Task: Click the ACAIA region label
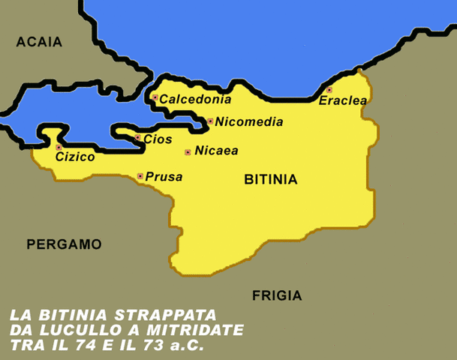pyautogui.click(x=39, y=43)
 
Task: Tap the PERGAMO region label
pyautogui.click(x=64, y=244)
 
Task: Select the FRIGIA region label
pyautogui.click(x=277, y=295)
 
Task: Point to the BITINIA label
pyautogui.click(x=271, y=180)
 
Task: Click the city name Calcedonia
pyautogui.click(x=196, y=99)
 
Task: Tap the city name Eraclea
pyautogui.click(x=343, y=100)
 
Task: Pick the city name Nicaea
pyautogui.click(x=216, y=151)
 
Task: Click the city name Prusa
pyautogui.click(x=164, y=177)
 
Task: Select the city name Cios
pyautogui.click(x=158, y=139)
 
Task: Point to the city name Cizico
pyautogui.click(x=75, y=157)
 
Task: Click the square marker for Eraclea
pyautogui.click(x=329, y=90)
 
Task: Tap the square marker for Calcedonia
pyautogui.click(x=155, y=97)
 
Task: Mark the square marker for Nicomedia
pyautogui.click(x=210, y=121)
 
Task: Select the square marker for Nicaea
pyautogui.click(x=188, y=152)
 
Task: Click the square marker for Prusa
pyautogui.click(x=140, y=176)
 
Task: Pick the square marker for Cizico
pyautogui.click(x=59, y=148)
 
